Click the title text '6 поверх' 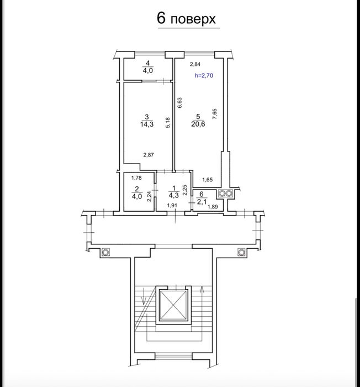pyautogui.click(x=187, y=19)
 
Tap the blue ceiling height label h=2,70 pyautogui.click(x=204, y=76)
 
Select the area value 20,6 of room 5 pyautogui.click(x=198, y=124)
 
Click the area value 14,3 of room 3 pyautogui.click(x=147, y=124)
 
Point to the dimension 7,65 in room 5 pyautogui.click(x=215, y=114)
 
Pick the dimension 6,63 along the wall pyautogui.click(x=180, y=103)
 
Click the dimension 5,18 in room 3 pyautogui.click(x=168, y=122)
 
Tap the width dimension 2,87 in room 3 pyautogui.click(x=149, y=155)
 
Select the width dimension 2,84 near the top pyautogui.click(x=195, y=64)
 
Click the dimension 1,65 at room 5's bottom pyautogui.click(x=208, y=180)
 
